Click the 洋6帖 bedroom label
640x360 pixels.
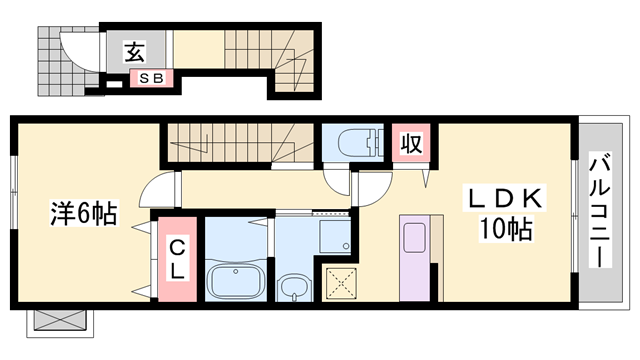(x=84, y=212)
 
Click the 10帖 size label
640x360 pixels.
(x=505, y=231)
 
